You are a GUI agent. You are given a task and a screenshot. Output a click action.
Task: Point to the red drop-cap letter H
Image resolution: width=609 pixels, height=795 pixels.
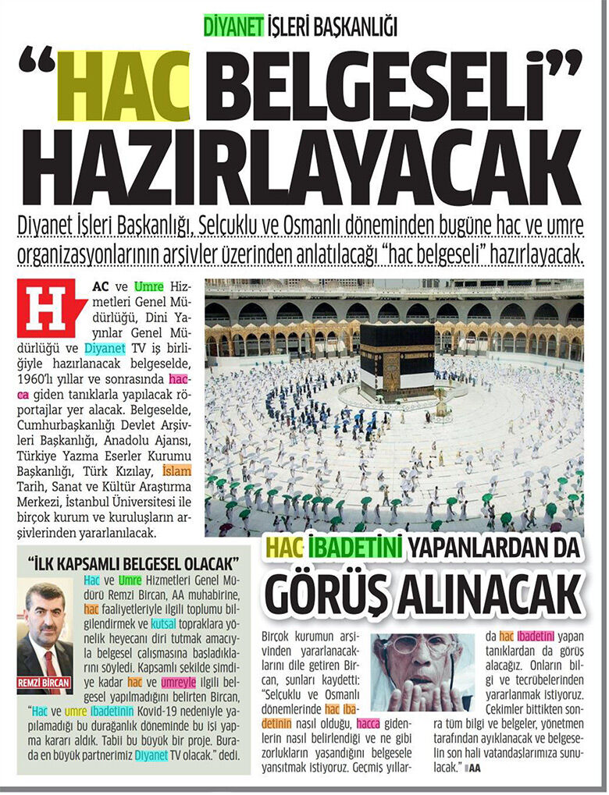pyautogui.click(x=48, y=308)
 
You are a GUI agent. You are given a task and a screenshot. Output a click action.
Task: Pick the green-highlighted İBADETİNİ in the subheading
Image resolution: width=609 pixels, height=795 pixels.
pyautogui.click(x=354, y=548)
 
